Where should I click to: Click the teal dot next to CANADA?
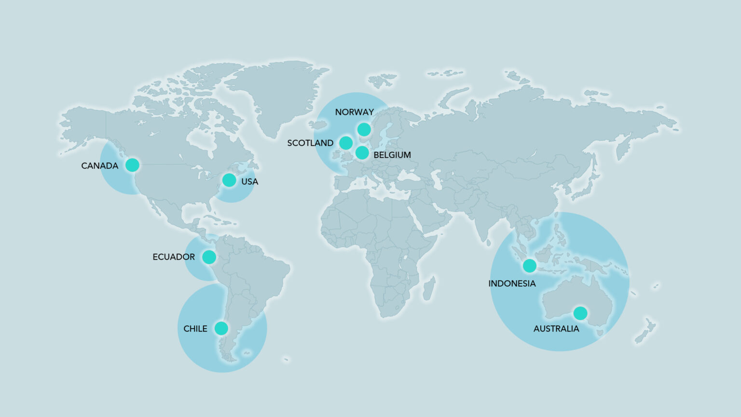click(132, 165)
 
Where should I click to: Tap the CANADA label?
click(99, 166)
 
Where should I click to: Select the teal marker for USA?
click(229, 181)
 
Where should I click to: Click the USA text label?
click(249, 181)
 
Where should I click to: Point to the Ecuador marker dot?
click(209, 257)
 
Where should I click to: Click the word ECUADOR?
click(174, 257)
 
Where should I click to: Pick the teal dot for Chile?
click(221, 329)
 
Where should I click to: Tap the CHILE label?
click(195, 329)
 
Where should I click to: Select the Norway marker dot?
click(364, 129)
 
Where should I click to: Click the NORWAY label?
click(354, 112)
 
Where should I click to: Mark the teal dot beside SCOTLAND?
click(345, 143)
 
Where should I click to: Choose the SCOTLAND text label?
click(310, 143)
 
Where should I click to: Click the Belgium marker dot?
click(362, 153)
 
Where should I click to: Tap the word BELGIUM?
click(392, 155)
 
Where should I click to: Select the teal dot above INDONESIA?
click(529, 265)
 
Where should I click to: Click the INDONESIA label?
click(512, 283)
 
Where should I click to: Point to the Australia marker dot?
click(580, 313)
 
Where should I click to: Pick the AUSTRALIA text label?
click(556, 329)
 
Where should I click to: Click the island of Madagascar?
click(429, 289)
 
